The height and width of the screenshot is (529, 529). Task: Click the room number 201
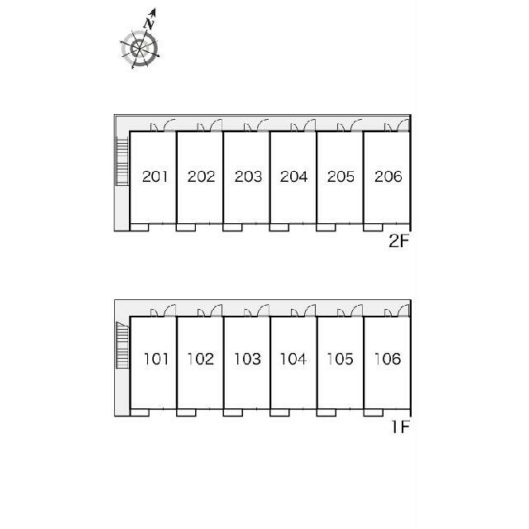[155, 176]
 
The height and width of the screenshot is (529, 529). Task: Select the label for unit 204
[294, 176]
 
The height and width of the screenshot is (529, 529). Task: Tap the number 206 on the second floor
[388, 176]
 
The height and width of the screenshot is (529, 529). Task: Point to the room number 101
[156, 359]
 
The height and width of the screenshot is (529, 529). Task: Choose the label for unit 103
[248, 359]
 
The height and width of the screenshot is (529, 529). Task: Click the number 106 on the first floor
[388, 359]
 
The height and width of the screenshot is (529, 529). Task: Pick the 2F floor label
[398, 241]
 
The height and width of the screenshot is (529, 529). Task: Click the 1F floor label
[400, 427]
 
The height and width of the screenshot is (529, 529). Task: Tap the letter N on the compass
[149, 24]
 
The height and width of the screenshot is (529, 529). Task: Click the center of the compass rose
[139, 49]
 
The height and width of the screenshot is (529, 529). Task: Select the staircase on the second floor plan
[122, 161]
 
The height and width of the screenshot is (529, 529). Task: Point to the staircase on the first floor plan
[122, 345]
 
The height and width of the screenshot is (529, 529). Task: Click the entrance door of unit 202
[216, 125]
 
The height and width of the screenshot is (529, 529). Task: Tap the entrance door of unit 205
[356, 125]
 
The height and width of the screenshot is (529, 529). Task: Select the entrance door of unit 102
[217, 311]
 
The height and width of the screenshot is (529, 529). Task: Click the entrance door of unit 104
[310, 311]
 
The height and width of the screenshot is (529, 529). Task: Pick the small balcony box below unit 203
[232, 227]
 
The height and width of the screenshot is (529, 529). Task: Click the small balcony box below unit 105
[326, 412]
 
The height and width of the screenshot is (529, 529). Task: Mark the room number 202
[202, 176]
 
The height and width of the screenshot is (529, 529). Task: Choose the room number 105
[341, 359]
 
